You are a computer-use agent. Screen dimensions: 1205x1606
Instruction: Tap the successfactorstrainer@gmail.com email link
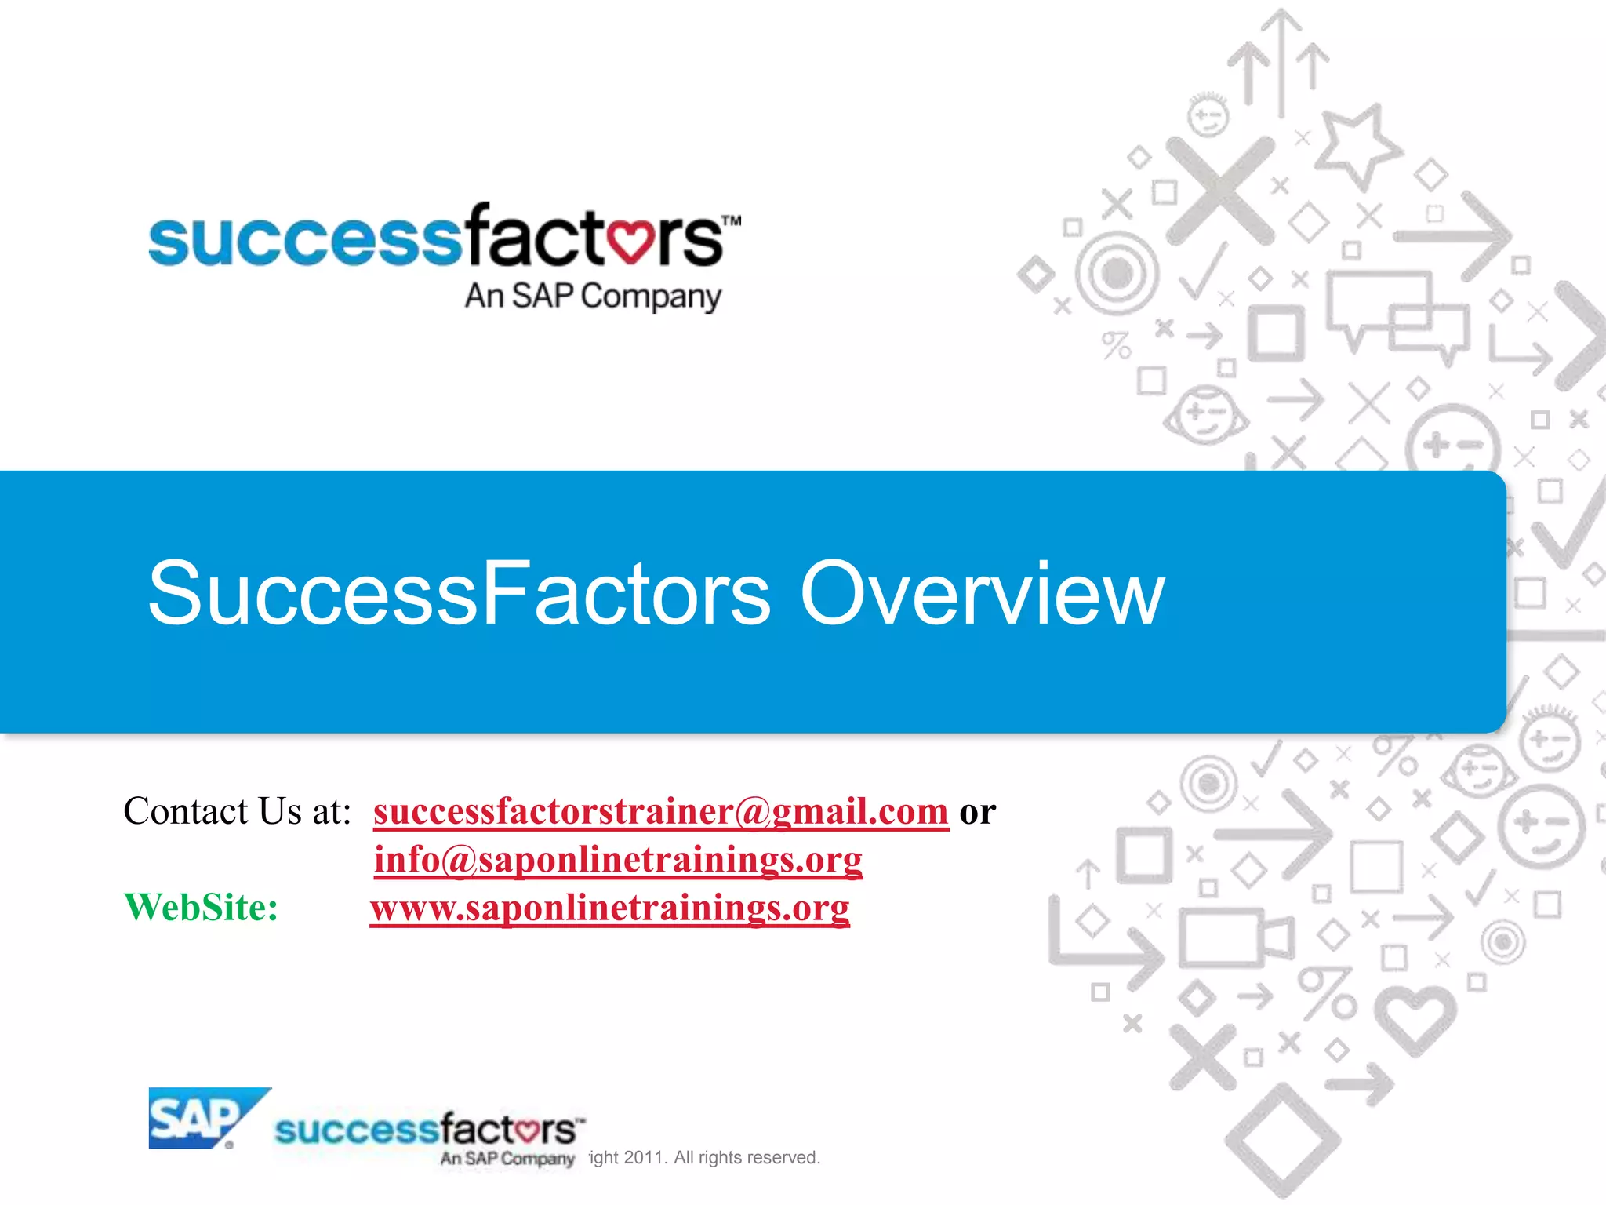[660, 811]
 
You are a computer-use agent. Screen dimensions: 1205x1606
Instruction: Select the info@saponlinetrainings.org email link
[618, 859]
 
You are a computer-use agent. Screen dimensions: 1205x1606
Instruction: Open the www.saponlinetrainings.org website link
[610, 908]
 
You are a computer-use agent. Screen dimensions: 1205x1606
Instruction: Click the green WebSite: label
[202, 908]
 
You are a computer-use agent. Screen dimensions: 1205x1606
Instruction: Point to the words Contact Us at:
[237, 811]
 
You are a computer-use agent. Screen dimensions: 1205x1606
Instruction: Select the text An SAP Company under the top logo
[593, 297]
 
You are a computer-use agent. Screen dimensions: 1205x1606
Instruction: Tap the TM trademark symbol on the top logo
[731, 220]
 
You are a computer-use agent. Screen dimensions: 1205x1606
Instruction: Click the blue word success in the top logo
[304, 240]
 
